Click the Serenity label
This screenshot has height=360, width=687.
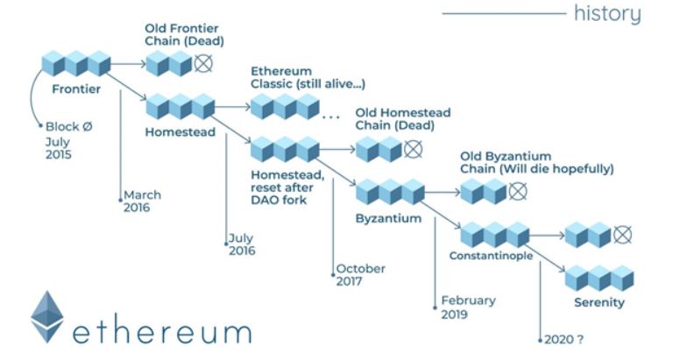point(599,303)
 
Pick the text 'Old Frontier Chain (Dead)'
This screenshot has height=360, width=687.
point(184,34)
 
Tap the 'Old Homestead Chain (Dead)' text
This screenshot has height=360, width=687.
point(402,119)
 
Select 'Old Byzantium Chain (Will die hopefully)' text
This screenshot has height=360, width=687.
point(536,162)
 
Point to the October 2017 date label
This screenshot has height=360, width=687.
point(360,275)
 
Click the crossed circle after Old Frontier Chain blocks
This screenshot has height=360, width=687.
point(204,63)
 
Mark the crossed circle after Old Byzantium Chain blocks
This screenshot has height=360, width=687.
point(519,190)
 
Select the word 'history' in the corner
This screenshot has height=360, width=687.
point(606,14)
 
